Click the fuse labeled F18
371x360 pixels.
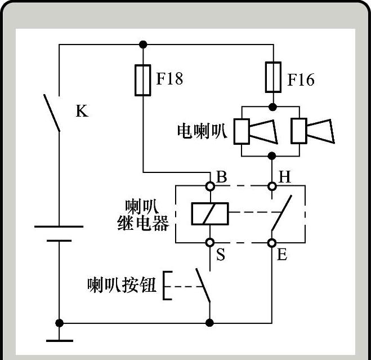point(144,80)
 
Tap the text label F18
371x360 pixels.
point(169,78)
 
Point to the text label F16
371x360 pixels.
point(301,79)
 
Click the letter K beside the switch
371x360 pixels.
point(82,110)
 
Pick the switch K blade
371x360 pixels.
point(52,112)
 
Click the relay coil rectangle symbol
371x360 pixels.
point(209,214)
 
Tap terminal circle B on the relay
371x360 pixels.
point(210,185)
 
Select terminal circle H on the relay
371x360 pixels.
point(272,185)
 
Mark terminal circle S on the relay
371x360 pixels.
point(210,242)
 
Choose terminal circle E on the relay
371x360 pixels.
point(272,242)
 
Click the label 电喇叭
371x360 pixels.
point(202,131)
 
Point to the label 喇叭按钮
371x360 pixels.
point(121,286)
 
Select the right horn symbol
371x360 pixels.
point(312,132)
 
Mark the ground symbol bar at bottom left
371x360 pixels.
point(59,340)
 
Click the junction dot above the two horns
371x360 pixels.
point(273,106)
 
